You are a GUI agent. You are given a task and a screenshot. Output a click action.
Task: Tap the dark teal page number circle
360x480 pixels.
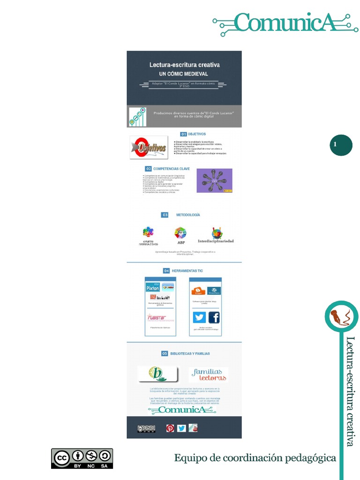point(341,145)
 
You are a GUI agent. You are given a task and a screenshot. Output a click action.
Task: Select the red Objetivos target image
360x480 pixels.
point(149,147)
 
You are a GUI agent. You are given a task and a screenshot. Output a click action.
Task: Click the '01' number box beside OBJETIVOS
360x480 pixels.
point(184,134)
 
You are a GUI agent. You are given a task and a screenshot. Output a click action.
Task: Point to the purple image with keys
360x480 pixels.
point(214,180)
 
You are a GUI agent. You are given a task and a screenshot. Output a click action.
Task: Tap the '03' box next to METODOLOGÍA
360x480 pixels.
point(165,215)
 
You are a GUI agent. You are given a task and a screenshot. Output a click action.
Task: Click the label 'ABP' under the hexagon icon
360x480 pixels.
point(181,243)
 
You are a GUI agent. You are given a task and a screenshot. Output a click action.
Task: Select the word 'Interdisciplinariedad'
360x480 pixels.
point(216,241)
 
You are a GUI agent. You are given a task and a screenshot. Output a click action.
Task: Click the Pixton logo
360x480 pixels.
point(152,288)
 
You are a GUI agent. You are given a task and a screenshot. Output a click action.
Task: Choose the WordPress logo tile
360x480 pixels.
point(214,291)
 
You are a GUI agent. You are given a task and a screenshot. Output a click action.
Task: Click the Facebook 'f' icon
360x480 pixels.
point(214,317)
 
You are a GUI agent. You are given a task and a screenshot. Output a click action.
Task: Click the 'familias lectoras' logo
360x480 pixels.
point(208,375)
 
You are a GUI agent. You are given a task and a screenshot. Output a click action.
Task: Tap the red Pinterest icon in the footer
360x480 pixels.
point(170,428)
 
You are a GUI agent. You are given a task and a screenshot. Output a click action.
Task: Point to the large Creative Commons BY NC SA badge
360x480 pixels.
point(82,458)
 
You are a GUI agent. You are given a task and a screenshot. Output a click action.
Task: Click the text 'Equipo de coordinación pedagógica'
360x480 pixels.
point(255,458)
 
